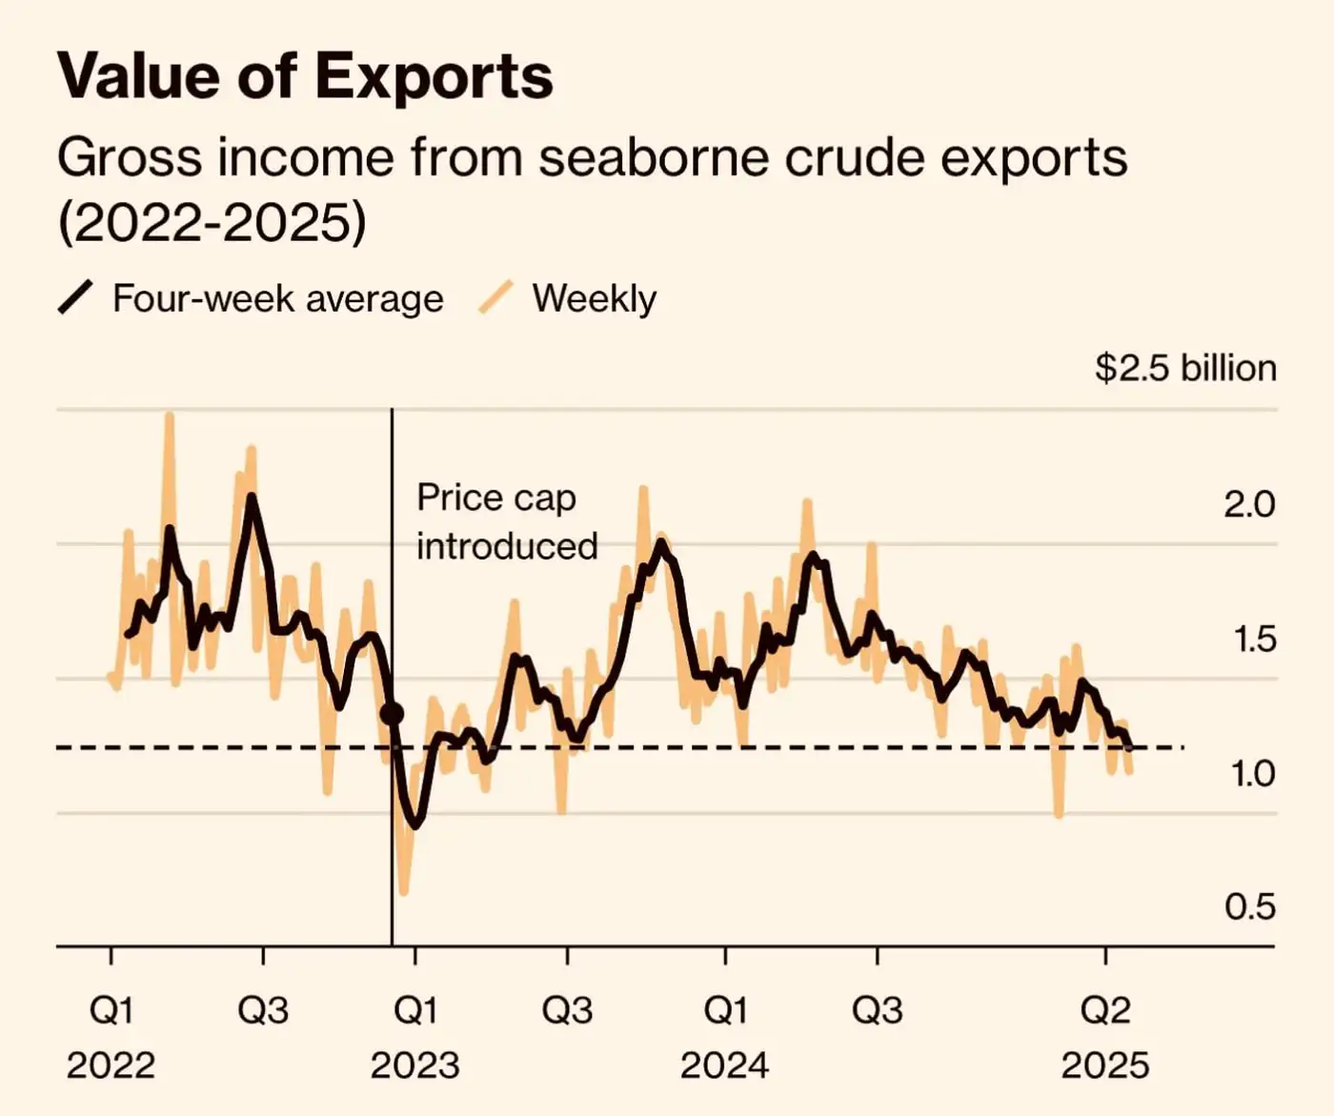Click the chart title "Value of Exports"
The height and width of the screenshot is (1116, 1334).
point(305,76)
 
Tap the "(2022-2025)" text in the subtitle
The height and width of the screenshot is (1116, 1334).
point(212,223)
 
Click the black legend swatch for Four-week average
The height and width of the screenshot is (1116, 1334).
point(75,297)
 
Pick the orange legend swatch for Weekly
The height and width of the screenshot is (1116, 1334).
point(495,297)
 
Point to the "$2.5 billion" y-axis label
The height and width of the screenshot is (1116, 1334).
point(1185,368)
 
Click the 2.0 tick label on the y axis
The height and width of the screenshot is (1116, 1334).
point(1248,504)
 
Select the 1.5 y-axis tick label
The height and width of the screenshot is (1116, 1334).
point(1253,639)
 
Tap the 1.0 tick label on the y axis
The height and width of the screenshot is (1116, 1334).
point(1252,773)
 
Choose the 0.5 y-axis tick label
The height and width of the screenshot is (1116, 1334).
point(1249,906)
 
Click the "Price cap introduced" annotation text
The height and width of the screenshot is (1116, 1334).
point(506,521)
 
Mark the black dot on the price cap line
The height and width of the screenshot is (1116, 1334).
point(392,713)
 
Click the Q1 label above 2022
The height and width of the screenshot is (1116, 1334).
point(111,1010)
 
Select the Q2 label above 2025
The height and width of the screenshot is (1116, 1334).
point(1105,1010)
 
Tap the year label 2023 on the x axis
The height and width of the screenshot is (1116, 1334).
point(414,1065)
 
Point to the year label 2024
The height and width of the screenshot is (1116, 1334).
point(724,1065)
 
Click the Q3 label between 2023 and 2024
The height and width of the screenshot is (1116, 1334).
point(567,1010)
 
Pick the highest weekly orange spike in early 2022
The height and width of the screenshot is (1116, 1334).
point(169,416)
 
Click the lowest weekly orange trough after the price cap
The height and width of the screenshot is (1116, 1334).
point(403,891)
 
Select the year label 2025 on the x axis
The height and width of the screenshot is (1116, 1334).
point(1105,1065)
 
